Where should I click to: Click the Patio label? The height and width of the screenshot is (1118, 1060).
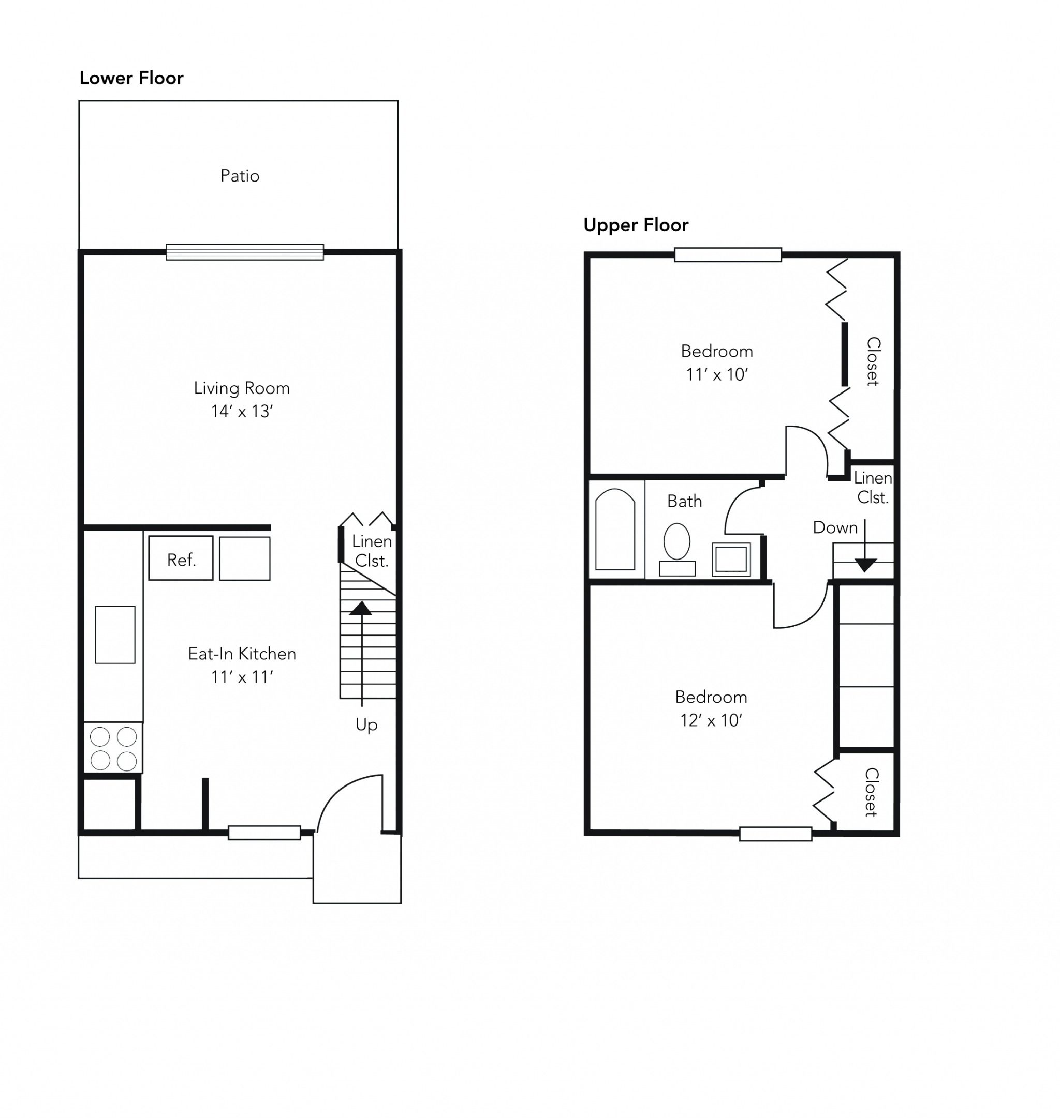tap(240, 176)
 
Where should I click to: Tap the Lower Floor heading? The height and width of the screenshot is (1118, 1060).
tap(131, 78)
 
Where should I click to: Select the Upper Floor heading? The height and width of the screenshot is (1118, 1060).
tap(636, 225)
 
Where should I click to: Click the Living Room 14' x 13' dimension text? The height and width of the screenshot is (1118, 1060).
tap(242, 411)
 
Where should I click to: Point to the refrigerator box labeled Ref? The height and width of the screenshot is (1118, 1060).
tap(181, 558)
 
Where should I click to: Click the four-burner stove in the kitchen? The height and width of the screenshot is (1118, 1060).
tap(113, 748)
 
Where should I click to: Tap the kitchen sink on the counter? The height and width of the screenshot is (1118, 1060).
tap(115, 634)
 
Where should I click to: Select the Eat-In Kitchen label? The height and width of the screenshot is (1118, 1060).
tap(242, 654)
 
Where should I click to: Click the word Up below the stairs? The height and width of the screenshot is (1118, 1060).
tap(366, 725)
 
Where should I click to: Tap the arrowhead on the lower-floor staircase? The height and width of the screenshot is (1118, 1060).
tap(360, 608)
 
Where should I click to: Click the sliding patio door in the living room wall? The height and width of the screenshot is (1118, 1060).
tap(245, 252)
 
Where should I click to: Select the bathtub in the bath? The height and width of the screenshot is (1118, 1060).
tap(615, 530)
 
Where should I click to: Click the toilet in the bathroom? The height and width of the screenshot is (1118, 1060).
tap(677, 549)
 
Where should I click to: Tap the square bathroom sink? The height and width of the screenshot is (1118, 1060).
tap(731, 560)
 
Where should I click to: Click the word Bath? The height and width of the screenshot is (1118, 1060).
tap(684, 502)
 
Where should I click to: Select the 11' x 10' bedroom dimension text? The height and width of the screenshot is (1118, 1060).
tap(717, 374)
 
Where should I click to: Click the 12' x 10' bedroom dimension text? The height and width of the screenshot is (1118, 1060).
tap(711, 720)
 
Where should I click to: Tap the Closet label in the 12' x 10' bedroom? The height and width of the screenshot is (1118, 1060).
tap(871, 792)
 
